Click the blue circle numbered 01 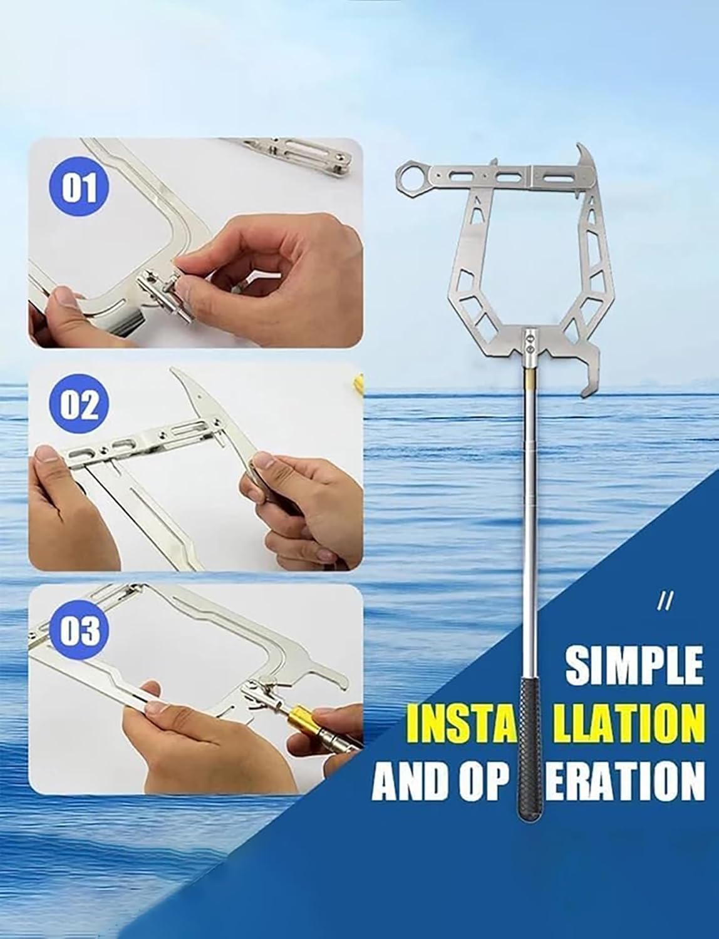click(80, 188)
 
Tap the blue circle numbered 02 click(80, 406)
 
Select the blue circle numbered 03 click(80, 629)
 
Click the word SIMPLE click(633, 665)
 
